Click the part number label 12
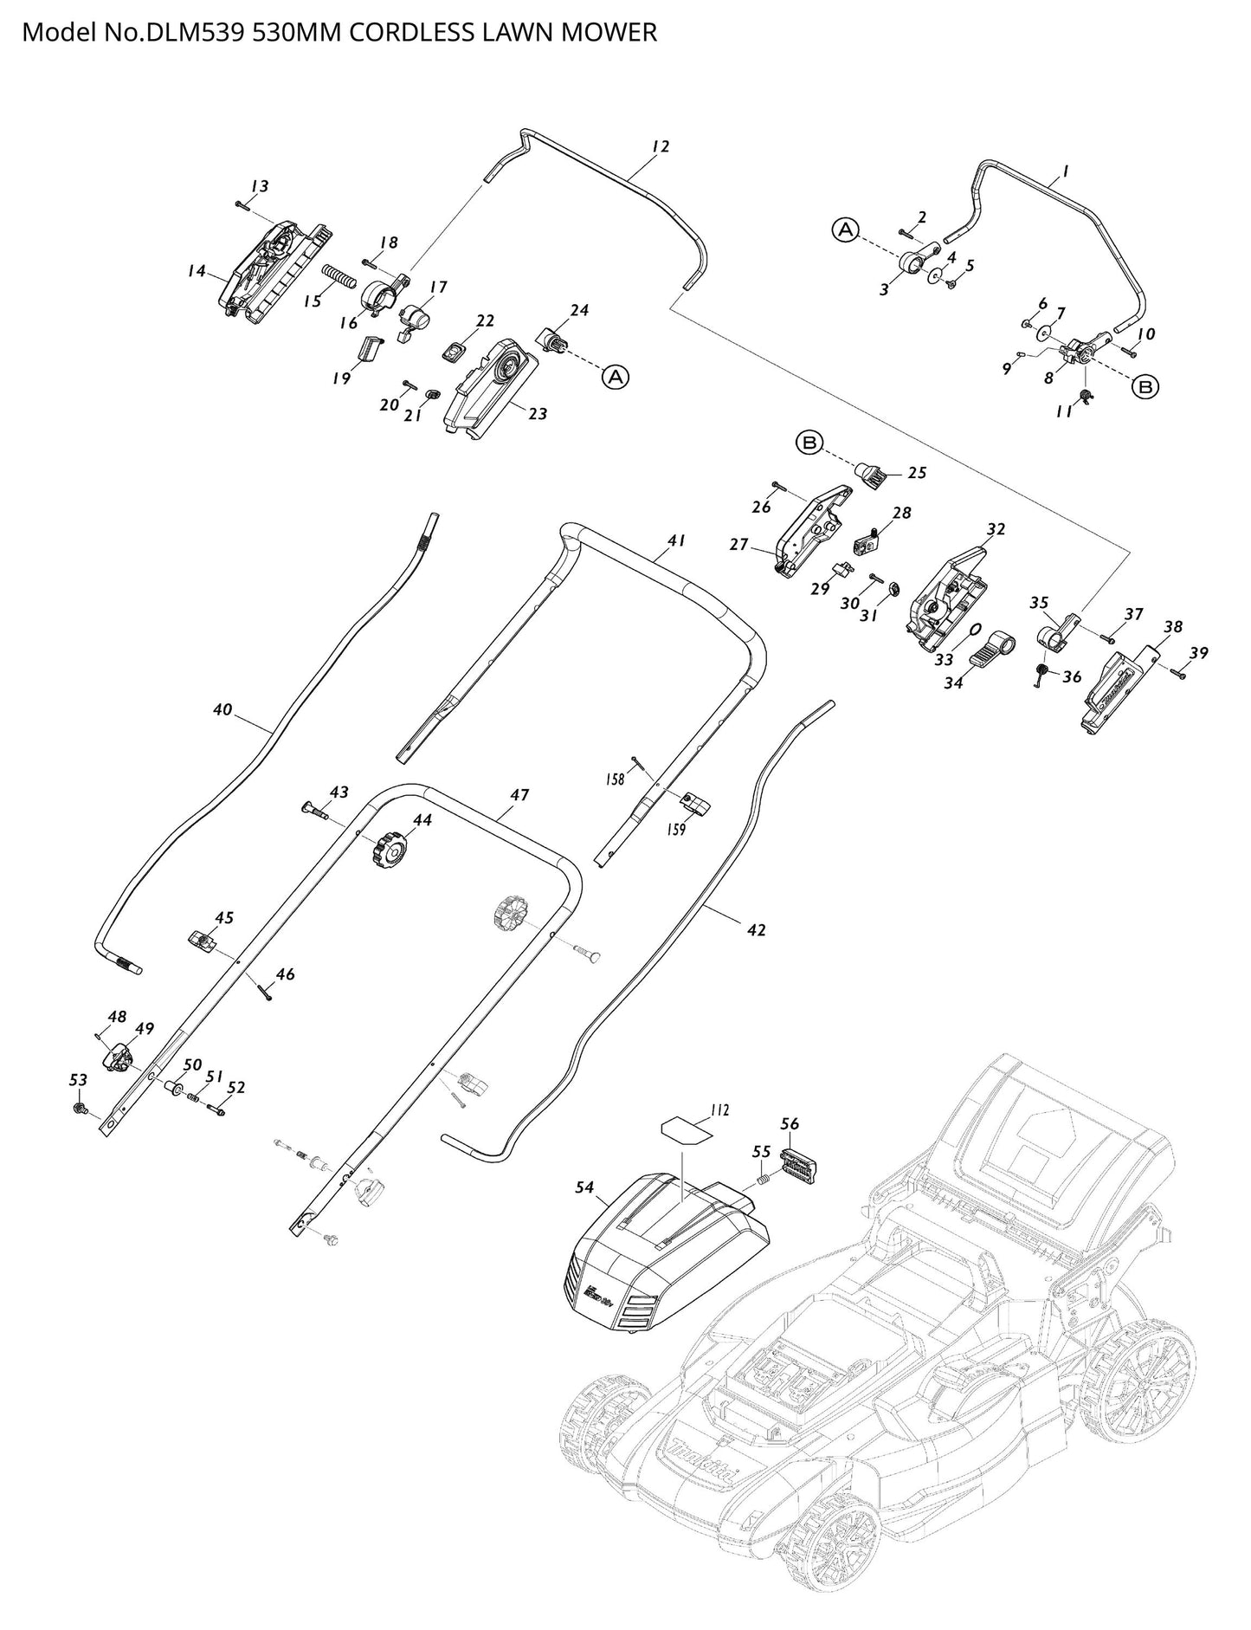point(661,147)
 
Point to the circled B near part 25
point(809,443)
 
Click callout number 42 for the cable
point(756,930)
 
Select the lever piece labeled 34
point(991,650)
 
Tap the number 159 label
point(675,830)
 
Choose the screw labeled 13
point(242,204)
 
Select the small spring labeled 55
point(762,1177)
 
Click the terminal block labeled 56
point(799,1160)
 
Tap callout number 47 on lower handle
point(519,794)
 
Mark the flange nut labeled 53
point(80,1108)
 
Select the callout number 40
point(222,709)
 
